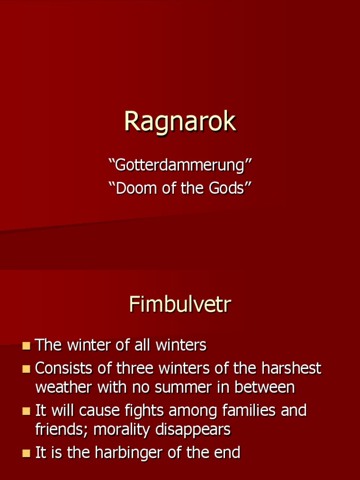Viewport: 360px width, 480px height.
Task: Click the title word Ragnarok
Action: pyautogui.click(x=180, y=122)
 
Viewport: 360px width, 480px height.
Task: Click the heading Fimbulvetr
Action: pyautogui.click(x=180, y=305)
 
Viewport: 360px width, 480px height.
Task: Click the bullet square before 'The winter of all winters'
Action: pyautogui.click(x=26, y=346)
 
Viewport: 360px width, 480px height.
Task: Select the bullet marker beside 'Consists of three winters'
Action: pyautogui.click(x=26, y=369)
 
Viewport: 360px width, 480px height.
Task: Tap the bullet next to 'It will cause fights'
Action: pyautogui.click(x=26, y=412)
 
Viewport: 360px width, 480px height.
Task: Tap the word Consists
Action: pyautogui.click(x=64, y=368)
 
